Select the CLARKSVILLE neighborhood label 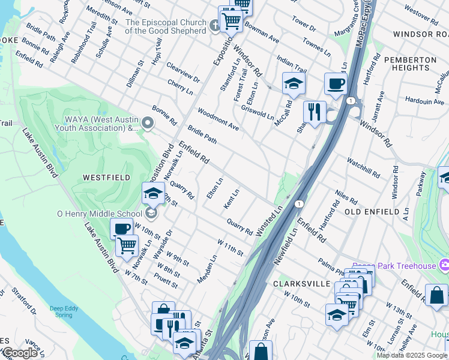[x=301, y=283]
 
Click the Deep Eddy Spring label [x=64, y=311]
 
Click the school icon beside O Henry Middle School [x=152, y=214]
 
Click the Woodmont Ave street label [x=218, y=120]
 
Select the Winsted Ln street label [x=269, y=222]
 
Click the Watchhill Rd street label [x=363, y=167]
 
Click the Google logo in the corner [x=19, y=353]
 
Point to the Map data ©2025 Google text [x=412, y=355]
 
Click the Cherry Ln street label [x=180, y=87]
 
